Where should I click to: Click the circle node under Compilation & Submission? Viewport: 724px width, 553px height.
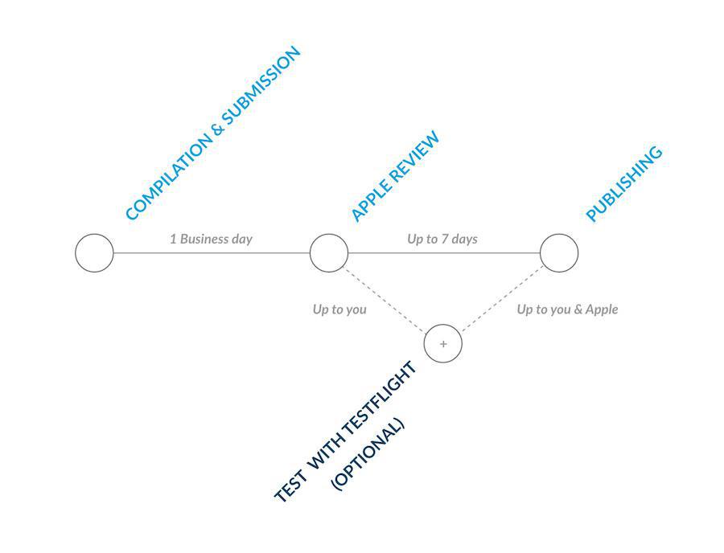point(95,253)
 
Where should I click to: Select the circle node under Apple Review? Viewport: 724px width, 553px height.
point(329,253)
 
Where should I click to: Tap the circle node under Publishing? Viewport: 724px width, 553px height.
point(559,253)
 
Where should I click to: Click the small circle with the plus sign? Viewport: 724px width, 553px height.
point(443,343)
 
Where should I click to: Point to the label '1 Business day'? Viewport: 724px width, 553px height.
point(211,239)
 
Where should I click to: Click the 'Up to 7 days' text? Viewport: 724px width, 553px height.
point(442,239)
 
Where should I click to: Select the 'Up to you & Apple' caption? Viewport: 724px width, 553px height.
point(567,309)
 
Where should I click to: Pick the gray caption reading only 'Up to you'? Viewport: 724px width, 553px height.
point(339,309)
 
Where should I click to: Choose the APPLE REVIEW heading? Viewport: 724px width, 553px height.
point(396,177)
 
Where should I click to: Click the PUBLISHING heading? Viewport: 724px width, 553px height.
point(623,184)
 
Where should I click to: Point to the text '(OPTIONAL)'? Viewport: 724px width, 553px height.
point(368,454)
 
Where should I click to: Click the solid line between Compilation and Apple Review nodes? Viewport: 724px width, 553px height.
point(212,253)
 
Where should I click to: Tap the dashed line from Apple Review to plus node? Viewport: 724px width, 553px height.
point(385,299)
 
